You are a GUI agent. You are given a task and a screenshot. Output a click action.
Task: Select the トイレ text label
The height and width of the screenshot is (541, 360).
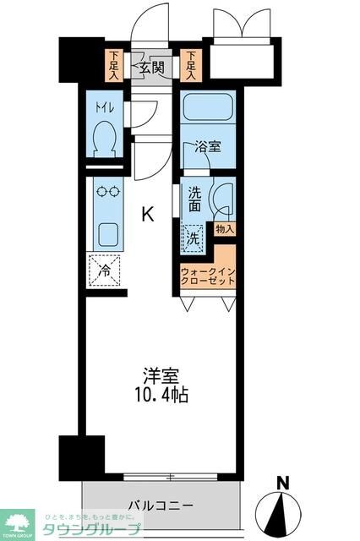coord(103,108)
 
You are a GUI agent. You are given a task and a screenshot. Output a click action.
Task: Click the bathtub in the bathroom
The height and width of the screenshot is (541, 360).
coord(207,107)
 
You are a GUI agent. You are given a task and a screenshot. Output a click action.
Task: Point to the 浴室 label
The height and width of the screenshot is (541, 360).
coord(207,146)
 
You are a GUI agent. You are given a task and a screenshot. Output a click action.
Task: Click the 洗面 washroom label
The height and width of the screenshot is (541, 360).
coord(195,198)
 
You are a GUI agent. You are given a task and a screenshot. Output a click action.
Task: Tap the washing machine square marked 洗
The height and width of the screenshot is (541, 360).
coord(194,238)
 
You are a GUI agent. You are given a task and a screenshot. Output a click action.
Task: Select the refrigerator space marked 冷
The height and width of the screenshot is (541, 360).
coord(106,270)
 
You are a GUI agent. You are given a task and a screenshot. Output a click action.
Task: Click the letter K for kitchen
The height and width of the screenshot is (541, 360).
coord(147,216)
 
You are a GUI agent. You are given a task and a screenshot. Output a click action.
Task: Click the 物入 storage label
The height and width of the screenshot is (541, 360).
coord(224,228)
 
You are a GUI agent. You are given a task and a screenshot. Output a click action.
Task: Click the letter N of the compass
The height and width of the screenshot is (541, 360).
coord(284,484)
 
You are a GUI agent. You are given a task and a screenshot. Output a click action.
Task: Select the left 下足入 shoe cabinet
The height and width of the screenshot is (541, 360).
coord(112,65)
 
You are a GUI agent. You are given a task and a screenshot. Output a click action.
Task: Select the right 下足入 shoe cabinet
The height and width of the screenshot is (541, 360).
coord(193,65)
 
